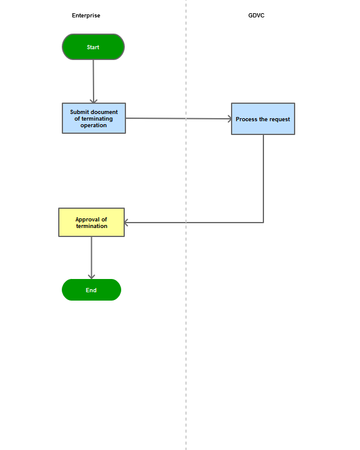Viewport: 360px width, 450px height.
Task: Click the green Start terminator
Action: tap(94, 47)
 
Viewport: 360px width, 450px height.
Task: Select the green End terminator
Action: tap(91, 290)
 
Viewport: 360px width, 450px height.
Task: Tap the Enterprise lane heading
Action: tap(86, 16)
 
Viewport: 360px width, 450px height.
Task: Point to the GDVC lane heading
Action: tap(256, 15)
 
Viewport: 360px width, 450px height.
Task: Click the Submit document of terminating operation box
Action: tap(94, 118)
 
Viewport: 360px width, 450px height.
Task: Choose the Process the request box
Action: tap(263, 119)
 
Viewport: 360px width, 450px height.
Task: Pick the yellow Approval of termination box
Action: tap(92, 223)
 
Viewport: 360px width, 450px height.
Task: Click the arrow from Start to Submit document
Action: tap(94, 82)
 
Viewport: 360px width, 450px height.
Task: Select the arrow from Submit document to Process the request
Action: tap(179, 119)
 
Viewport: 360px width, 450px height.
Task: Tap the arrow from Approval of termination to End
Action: tap(92, 258)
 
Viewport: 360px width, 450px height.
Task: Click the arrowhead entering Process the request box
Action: tap(230, 119)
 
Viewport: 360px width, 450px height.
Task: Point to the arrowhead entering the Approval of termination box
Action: tap(127, 223)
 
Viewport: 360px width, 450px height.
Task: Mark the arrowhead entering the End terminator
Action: tap(92, 277)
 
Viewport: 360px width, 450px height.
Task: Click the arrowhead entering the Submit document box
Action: tap(94, 101)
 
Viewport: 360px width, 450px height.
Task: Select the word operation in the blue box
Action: tap(94, 125)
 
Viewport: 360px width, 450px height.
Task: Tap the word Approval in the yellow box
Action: tap(88, 220)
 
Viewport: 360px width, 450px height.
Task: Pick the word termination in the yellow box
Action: tap(92, 226)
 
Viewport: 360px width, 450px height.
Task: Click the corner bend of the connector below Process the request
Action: tap(263, 223)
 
